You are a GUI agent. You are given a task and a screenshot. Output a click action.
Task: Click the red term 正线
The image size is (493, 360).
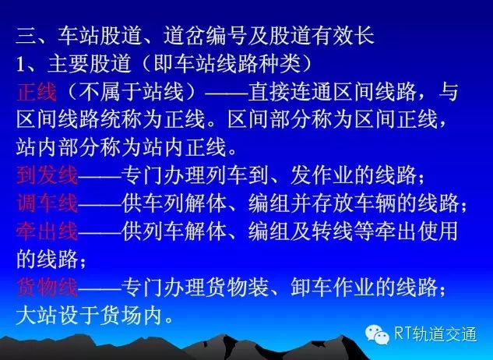37,93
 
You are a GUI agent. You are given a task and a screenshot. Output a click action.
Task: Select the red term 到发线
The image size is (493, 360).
48,175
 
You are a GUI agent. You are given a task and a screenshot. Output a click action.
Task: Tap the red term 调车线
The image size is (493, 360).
48,203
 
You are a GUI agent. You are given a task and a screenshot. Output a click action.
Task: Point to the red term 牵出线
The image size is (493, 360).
48,231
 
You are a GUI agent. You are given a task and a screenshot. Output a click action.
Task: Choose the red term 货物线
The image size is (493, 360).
48,288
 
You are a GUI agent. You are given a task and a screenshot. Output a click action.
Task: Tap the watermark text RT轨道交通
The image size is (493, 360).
435,334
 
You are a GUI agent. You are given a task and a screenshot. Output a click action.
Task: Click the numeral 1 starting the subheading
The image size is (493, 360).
20,65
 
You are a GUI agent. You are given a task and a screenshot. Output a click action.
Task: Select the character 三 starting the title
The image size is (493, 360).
26,36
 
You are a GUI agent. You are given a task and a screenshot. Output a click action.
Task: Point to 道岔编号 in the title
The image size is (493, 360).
205,36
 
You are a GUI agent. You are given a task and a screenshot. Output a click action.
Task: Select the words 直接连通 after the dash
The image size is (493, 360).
290,93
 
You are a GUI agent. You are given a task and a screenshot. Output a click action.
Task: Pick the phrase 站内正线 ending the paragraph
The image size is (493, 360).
185,147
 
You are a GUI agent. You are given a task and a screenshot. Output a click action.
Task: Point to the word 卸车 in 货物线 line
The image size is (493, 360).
312,288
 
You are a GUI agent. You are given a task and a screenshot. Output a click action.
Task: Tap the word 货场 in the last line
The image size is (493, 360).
121,315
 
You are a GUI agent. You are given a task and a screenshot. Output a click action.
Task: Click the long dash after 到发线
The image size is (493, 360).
100,176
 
